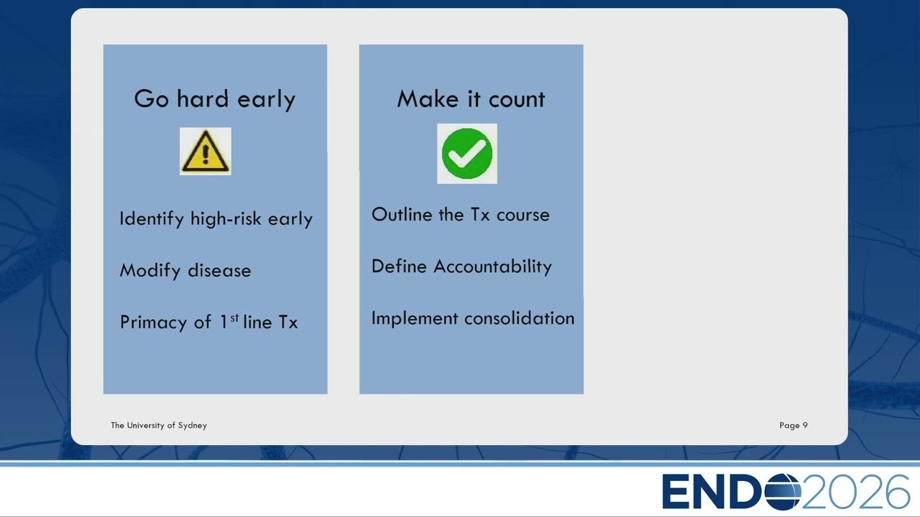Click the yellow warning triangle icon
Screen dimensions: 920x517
click(x=206, y=151)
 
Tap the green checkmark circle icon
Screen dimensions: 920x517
click(x=467, y=154)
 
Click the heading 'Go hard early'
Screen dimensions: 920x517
click(x=215, y=99)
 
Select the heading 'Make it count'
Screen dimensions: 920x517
click(x=471, y=99)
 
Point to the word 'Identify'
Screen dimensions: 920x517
click(x=152, y=219)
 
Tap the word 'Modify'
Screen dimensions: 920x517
click(x=150, y=271)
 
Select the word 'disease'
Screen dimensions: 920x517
click(x=219, y=271)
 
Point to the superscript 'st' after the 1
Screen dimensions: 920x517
click(x=234, y=318)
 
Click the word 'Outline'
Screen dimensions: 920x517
click(x=401, y=215)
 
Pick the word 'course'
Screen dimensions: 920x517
click(x=523, y=215)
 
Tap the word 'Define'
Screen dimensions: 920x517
click(x=399, y=266)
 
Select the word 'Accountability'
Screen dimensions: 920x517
click(x=493, y=266)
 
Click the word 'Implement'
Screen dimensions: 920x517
click(x=415, y=319)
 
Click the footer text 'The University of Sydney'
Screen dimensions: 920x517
click(x=159, y=426)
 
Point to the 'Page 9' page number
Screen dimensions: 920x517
click(x=793, y=426)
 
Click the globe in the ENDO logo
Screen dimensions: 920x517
click(x=783, y=492)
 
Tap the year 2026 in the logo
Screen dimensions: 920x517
click(x=855, y=492)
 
